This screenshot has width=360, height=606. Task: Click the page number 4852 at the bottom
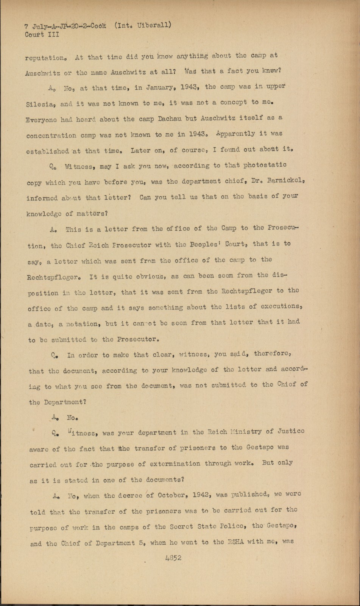(173, 558)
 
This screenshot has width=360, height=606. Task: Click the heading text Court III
(42, 35)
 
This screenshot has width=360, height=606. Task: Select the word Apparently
(236, 134)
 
